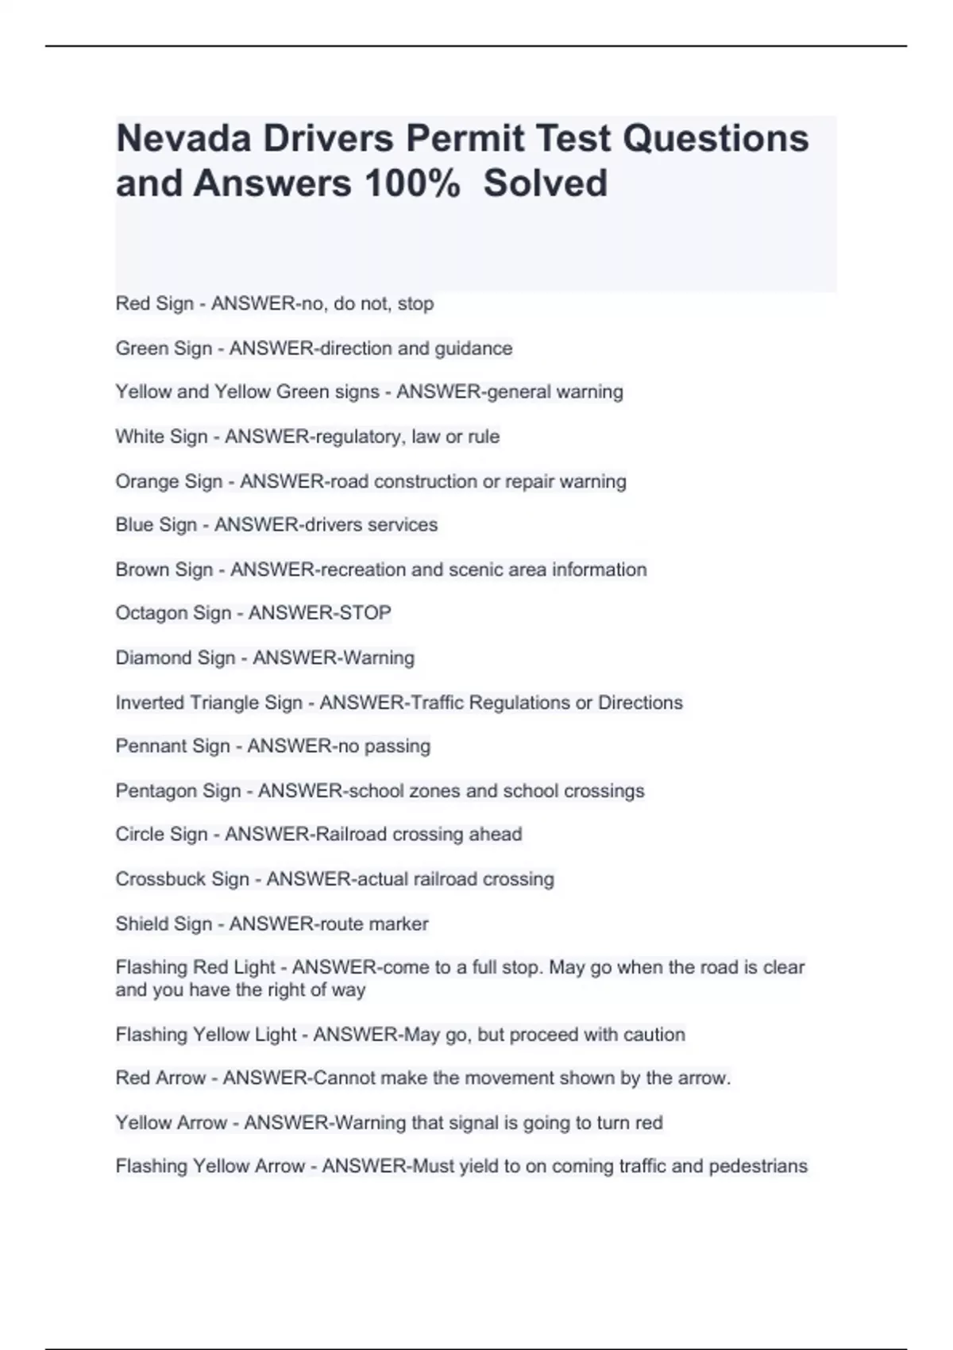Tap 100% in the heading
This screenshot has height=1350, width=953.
pos(412,183)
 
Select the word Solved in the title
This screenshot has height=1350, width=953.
pos(546,183)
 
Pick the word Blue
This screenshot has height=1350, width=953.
pos(134,525)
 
